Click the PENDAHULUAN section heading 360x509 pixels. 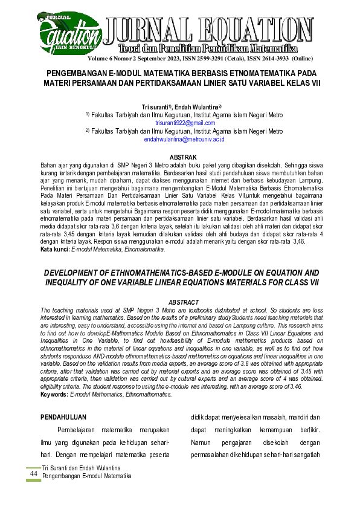pyautogui.click(x=63, y=417)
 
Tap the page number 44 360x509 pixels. pyautogui.click(x=33, y=473)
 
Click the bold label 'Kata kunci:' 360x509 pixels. pyautogui.click(x=54, y=249)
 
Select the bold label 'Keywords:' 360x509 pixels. pyautogui.click(x=54, y=394)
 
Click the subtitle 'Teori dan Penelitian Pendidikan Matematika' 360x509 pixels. pyautogui.click(x=207, y=47)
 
